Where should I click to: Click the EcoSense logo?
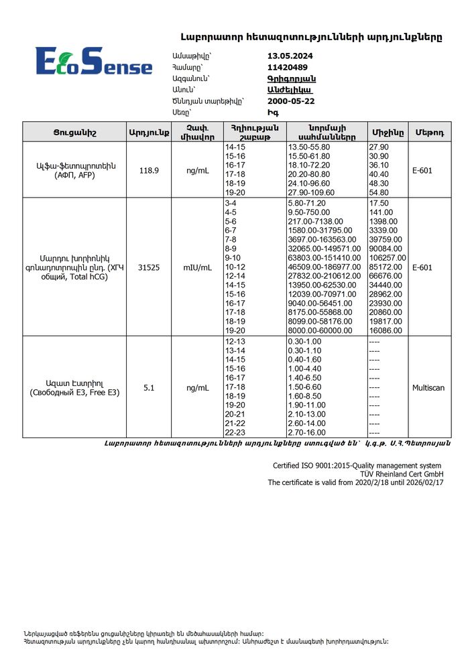point(93,61)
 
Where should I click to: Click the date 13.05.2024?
point(290,56)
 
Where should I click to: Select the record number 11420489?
point(288,67)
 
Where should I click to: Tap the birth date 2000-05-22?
point(291,101)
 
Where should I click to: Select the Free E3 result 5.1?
point(149,387)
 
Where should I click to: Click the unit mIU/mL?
point(197,267)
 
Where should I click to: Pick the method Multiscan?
point(428,387)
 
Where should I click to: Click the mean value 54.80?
point(379,192)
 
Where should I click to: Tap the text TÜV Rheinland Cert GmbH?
point(398,474)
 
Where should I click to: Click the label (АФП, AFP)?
point(76,176)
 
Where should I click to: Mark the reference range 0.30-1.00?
point(304,342)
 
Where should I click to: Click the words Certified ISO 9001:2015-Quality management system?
point(357,466)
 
